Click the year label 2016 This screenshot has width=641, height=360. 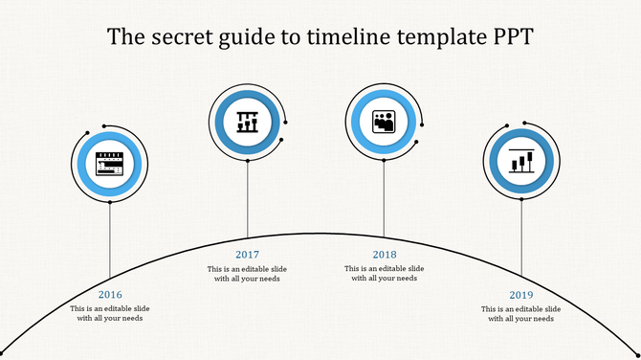[111, 294]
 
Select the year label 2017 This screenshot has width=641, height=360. [248, 254]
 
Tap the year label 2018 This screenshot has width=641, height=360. [385, 254]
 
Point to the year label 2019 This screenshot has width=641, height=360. [521, 294]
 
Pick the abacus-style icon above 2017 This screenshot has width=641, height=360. [249, 120]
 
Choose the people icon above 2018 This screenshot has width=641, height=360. [385, 122]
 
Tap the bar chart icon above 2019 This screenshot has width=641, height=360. [521, 161]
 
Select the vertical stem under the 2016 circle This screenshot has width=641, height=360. [111, 239]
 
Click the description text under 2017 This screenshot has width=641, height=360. [248, 274]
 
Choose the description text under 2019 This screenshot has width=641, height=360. [521, 314]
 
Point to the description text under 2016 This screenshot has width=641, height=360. [111, 314]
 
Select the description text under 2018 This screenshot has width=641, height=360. [385, 274]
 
